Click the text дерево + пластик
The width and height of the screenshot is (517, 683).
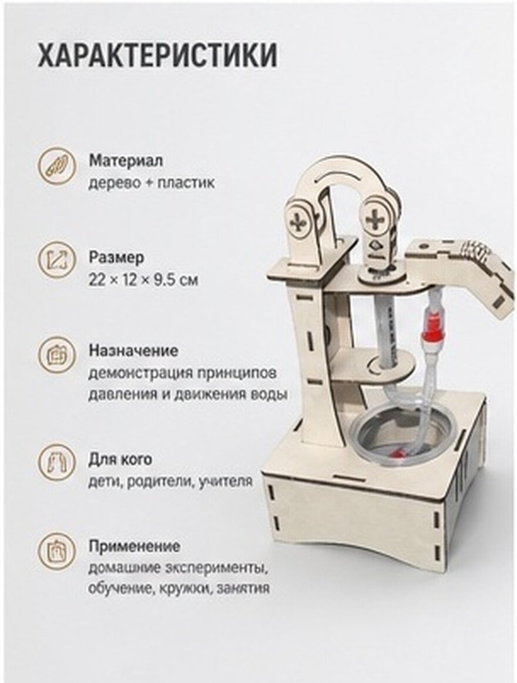click(152, 183)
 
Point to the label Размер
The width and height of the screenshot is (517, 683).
click(116, 258)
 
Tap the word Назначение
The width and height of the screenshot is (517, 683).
click(133, 351)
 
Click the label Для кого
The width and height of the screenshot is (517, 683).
click(120, 459)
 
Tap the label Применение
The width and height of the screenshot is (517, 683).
click(134, 547)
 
